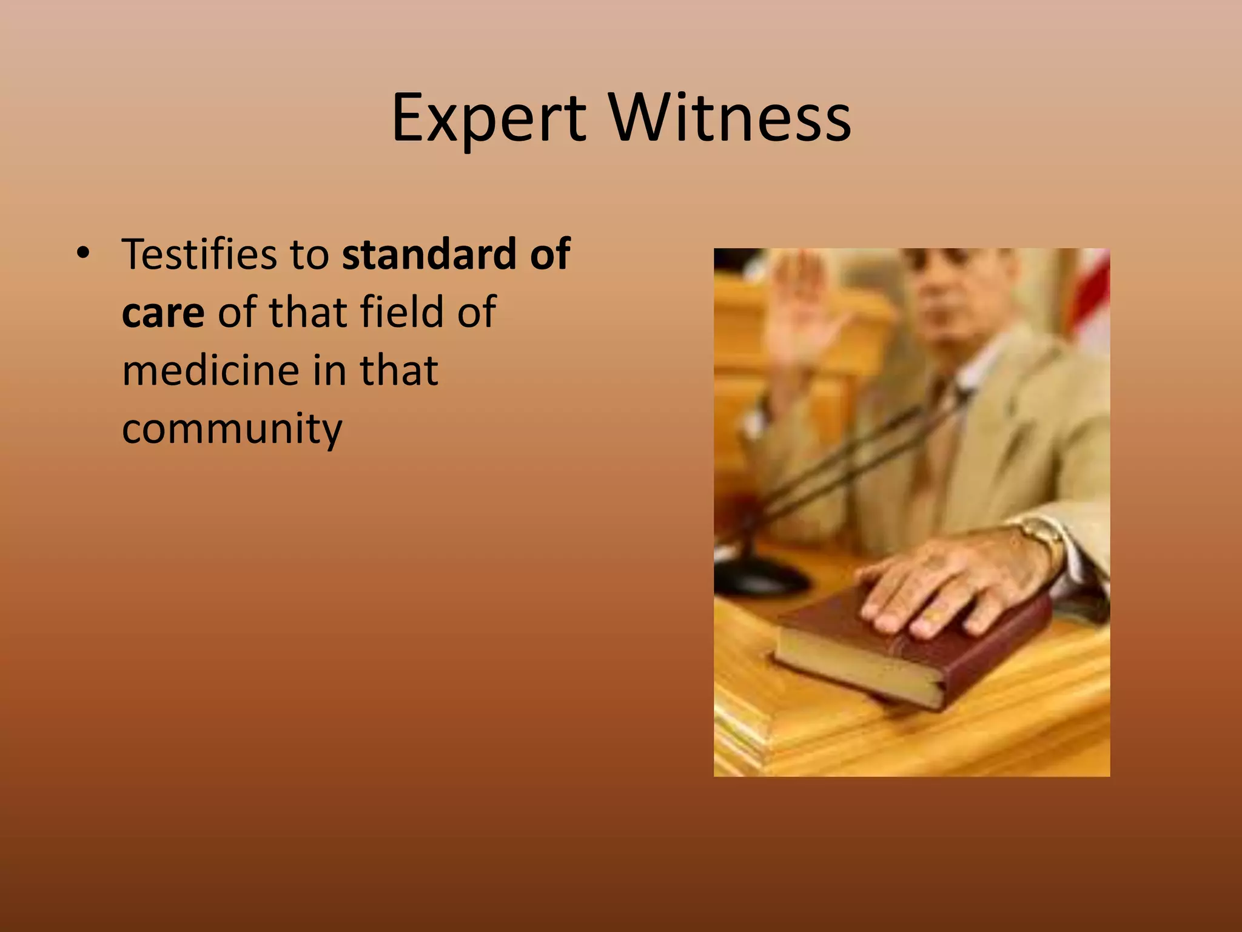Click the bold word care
tap(163, 312)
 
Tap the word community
tap(232, 428)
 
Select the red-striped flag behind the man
tap(1095, 297)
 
